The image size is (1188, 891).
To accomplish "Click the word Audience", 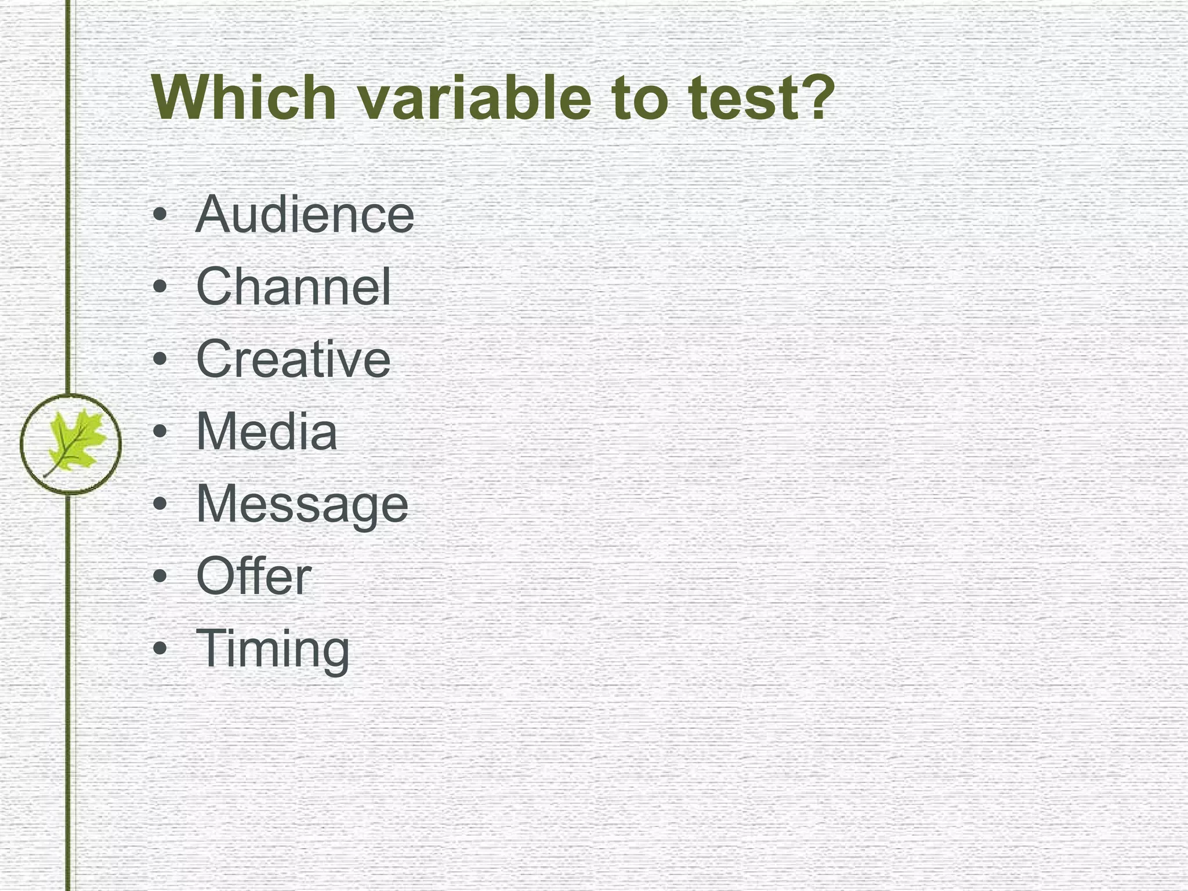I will [305, 214].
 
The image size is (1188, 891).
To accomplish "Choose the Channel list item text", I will [294, 287].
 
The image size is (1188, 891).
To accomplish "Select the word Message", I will [302, 505].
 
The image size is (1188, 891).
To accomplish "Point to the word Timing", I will [273, 649].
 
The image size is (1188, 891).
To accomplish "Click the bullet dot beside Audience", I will [161, 215].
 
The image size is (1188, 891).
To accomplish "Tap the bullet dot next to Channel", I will [161, 287].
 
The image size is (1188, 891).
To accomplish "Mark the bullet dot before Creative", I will [161, 360].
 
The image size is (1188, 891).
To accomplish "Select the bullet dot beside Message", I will [161, 504].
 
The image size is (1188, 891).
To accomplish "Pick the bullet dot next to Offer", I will [161, 577].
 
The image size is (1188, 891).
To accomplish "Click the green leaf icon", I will [73, 442].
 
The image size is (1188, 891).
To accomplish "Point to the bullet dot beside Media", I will [161, 432].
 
